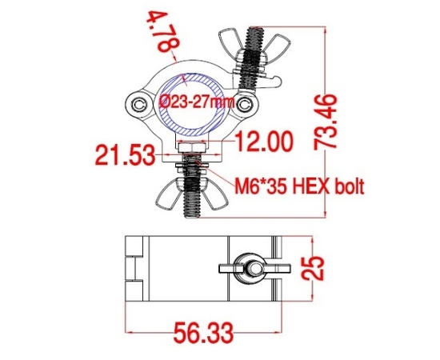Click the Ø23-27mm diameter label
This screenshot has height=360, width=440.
click(x=197, y=102)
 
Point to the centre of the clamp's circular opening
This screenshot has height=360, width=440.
click(x=194, y=102)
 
